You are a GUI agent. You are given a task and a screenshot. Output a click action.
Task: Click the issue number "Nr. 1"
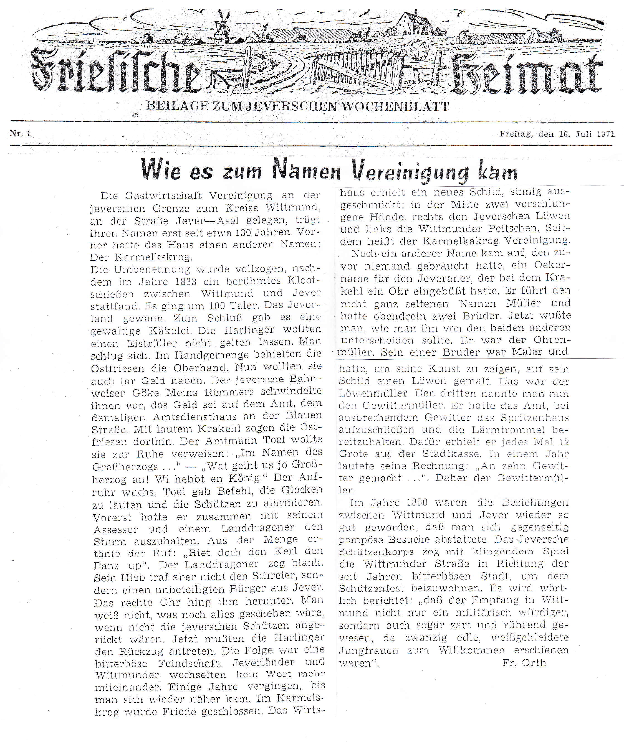(x=21, y=134)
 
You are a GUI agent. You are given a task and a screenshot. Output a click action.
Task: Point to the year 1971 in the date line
(x=606, y=134)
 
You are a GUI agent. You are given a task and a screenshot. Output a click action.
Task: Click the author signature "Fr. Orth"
(x=524, y=663)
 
